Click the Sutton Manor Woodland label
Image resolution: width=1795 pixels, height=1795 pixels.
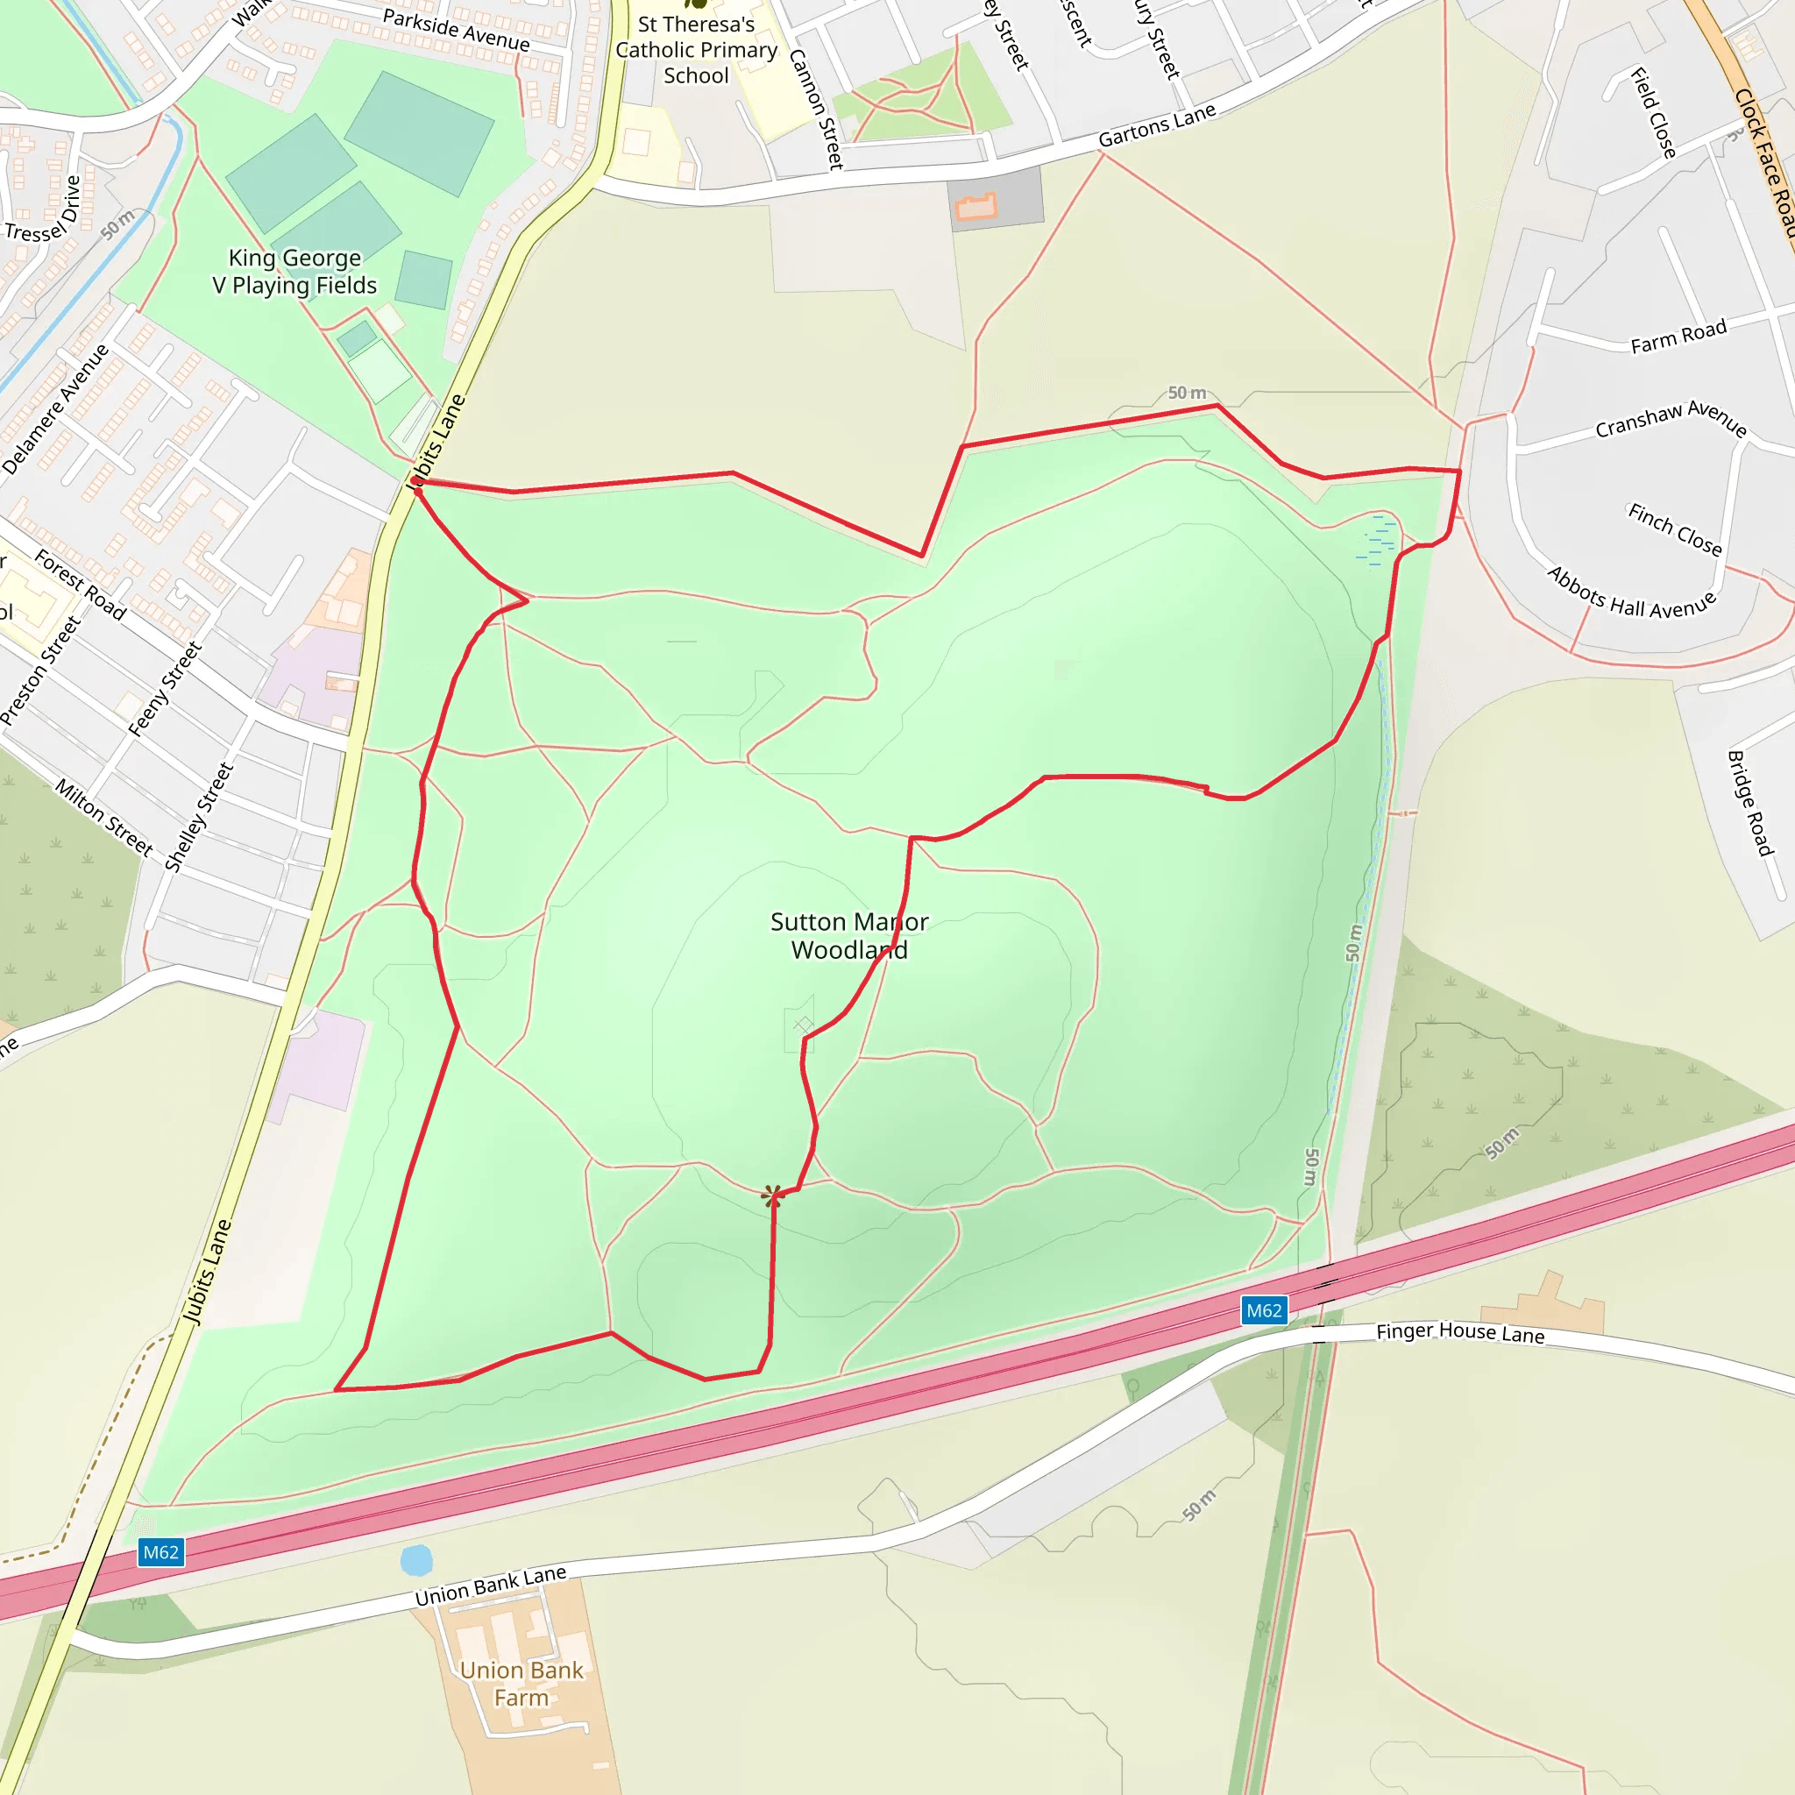click(848, 934)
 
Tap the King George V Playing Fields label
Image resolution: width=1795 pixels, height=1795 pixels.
click(294, 272)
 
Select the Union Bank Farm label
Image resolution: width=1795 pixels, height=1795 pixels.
click(521, 1683)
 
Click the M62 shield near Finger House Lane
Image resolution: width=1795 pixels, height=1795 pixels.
click(1264, 1311)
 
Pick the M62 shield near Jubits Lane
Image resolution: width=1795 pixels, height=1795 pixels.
click(160, 1551)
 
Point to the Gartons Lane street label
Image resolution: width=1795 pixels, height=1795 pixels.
click(1157, 125)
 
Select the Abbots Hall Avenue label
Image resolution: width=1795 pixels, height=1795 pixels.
click(1630, 593)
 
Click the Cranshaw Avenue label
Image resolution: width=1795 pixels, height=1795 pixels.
click(1671, 419)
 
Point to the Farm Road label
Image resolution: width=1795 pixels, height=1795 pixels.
click(1678, 337)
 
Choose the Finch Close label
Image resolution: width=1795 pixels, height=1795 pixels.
click(1674, 529)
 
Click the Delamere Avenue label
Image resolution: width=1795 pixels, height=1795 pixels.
click(56, 409)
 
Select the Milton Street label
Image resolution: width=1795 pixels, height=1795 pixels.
click(104, 817)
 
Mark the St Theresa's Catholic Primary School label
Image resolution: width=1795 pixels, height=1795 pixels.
click(696, 50)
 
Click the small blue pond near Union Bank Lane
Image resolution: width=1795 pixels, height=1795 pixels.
click(416, 1560)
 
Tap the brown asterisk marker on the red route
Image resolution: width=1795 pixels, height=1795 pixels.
click(772, 1195)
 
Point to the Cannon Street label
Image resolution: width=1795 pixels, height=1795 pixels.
click(816, 109)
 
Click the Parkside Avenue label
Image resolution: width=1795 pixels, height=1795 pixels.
click(456, 30)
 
